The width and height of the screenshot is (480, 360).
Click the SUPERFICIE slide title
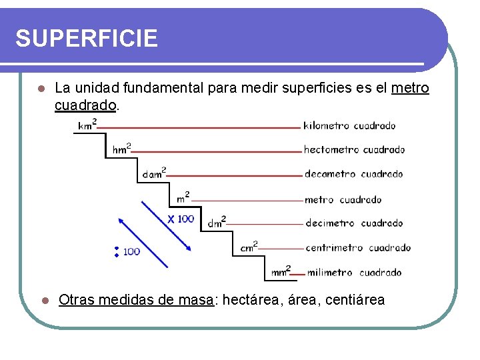(x=87, y=38)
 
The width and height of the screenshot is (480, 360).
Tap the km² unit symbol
(x=87, y=125)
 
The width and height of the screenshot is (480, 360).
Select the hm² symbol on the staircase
(x=121, y=149)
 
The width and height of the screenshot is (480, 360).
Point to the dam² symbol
(x=154, y=174)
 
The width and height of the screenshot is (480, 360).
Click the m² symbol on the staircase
(x=183, y=198)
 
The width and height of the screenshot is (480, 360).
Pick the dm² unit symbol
(x=217, y=223)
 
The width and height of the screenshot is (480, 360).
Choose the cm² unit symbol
(x=249, y=247)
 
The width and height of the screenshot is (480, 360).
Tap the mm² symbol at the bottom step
(x=281, y=272)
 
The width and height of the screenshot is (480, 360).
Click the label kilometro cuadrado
(x=349, y=125)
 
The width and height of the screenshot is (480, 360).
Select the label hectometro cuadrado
(x=354, y=150)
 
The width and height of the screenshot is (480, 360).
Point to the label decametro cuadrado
(x=354, y=174)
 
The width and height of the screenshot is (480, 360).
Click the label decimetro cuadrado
(x=354, y=223)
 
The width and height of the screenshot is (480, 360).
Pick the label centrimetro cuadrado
(x=358, y=248)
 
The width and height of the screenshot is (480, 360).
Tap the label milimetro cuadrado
(x=354, y=273)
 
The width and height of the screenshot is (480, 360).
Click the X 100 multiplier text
(x=181, y=219)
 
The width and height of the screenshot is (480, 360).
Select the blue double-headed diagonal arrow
(x=155, y=233)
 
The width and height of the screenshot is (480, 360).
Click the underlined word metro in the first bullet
(x=410, y=88)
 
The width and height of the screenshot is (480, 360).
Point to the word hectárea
(x=253, y=300)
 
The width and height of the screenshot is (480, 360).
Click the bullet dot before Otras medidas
(x=42, y=300)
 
